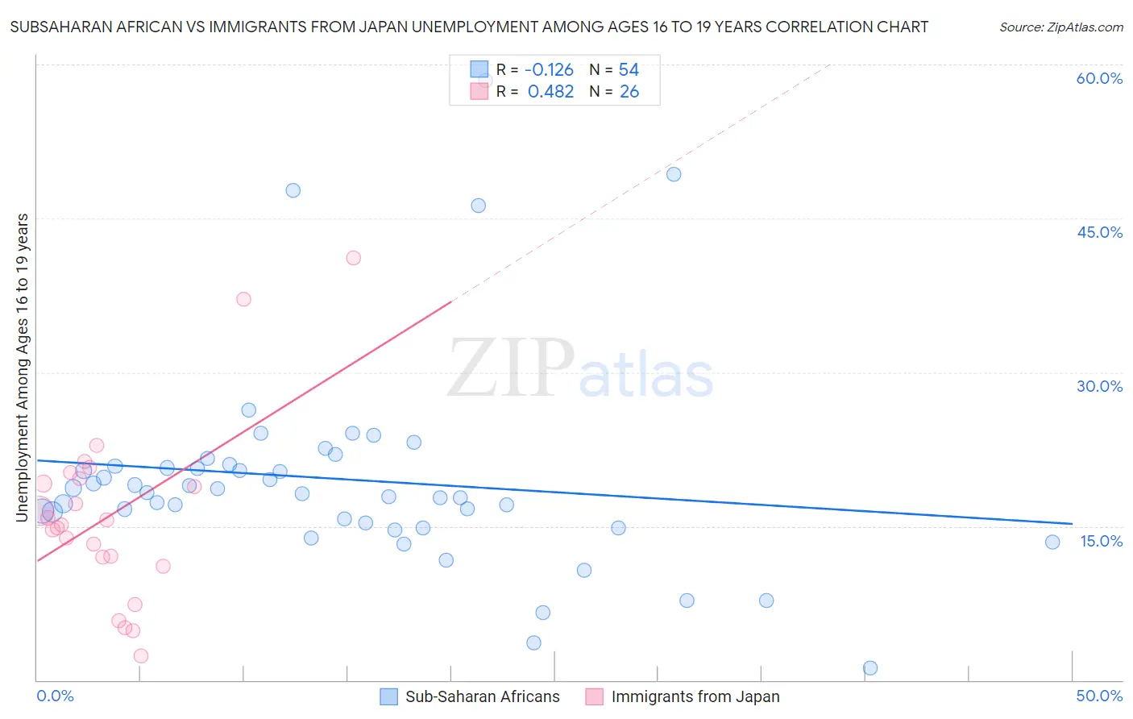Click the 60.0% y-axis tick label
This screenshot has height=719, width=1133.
click(1099, 78)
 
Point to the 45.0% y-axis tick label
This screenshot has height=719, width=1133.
click(1099, 232)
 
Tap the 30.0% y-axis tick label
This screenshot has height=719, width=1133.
click(1099, 386)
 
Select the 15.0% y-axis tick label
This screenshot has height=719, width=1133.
click(1101, 541)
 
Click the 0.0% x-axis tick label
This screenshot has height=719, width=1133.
click(55, 696)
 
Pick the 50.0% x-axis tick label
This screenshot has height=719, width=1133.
click(1099, 696)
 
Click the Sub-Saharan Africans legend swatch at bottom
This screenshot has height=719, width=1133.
click(389, 696)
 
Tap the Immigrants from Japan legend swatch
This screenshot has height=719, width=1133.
click(595, 696)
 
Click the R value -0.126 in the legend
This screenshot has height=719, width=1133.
click(549, 70)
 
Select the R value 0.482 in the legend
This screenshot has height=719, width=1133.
click(550, 92)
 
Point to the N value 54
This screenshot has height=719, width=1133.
click(629, 70)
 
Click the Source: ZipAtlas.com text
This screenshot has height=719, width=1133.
click(1060, 27)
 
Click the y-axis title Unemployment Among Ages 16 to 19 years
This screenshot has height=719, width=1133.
click(23, 367)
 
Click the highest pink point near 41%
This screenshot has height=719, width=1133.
click(353, 258)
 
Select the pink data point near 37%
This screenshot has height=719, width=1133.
click(243, 299)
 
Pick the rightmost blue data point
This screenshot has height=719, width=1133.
click(1052, 542)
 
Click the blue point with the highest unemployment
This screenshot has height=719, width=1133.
click(674, 174)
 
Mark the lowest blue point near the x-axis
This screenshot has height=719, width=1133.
click(870, 667)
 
